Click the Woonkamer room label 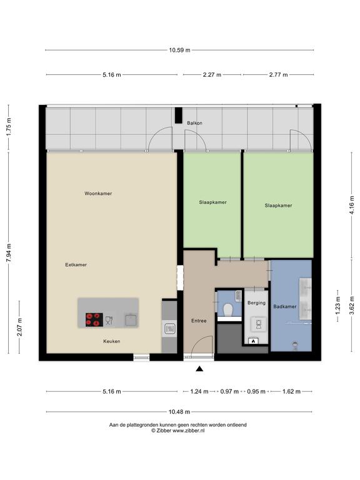tap(98, 194)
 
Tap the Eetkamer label tap(76, 264)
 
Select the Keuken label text tap(112, 341)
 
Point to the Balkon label tap(195, 123)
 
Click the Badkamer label tap(285, 306)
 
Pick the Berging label tap(256, 302)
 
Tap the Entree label tap(199, 321)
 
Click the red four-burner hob tap(94, 319)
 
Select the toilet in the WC tap(228, 310)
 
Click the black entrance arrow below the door tap(199, 369)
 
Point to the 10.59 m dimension tap(180, 50)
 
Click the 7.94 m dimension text tap(9, 252)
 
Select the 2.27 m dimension tap(212, 74)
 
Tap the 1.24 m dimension tap(199, 391)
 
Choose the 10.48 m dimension tap(179, 412)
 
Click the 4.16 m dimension tap(351, 205)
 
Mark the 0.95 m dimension tap(256, 391)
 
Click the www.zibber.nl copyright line tap(178, 431)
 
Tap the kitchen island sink tap(131, 319)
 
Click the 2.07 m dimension tap(19, 327)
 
